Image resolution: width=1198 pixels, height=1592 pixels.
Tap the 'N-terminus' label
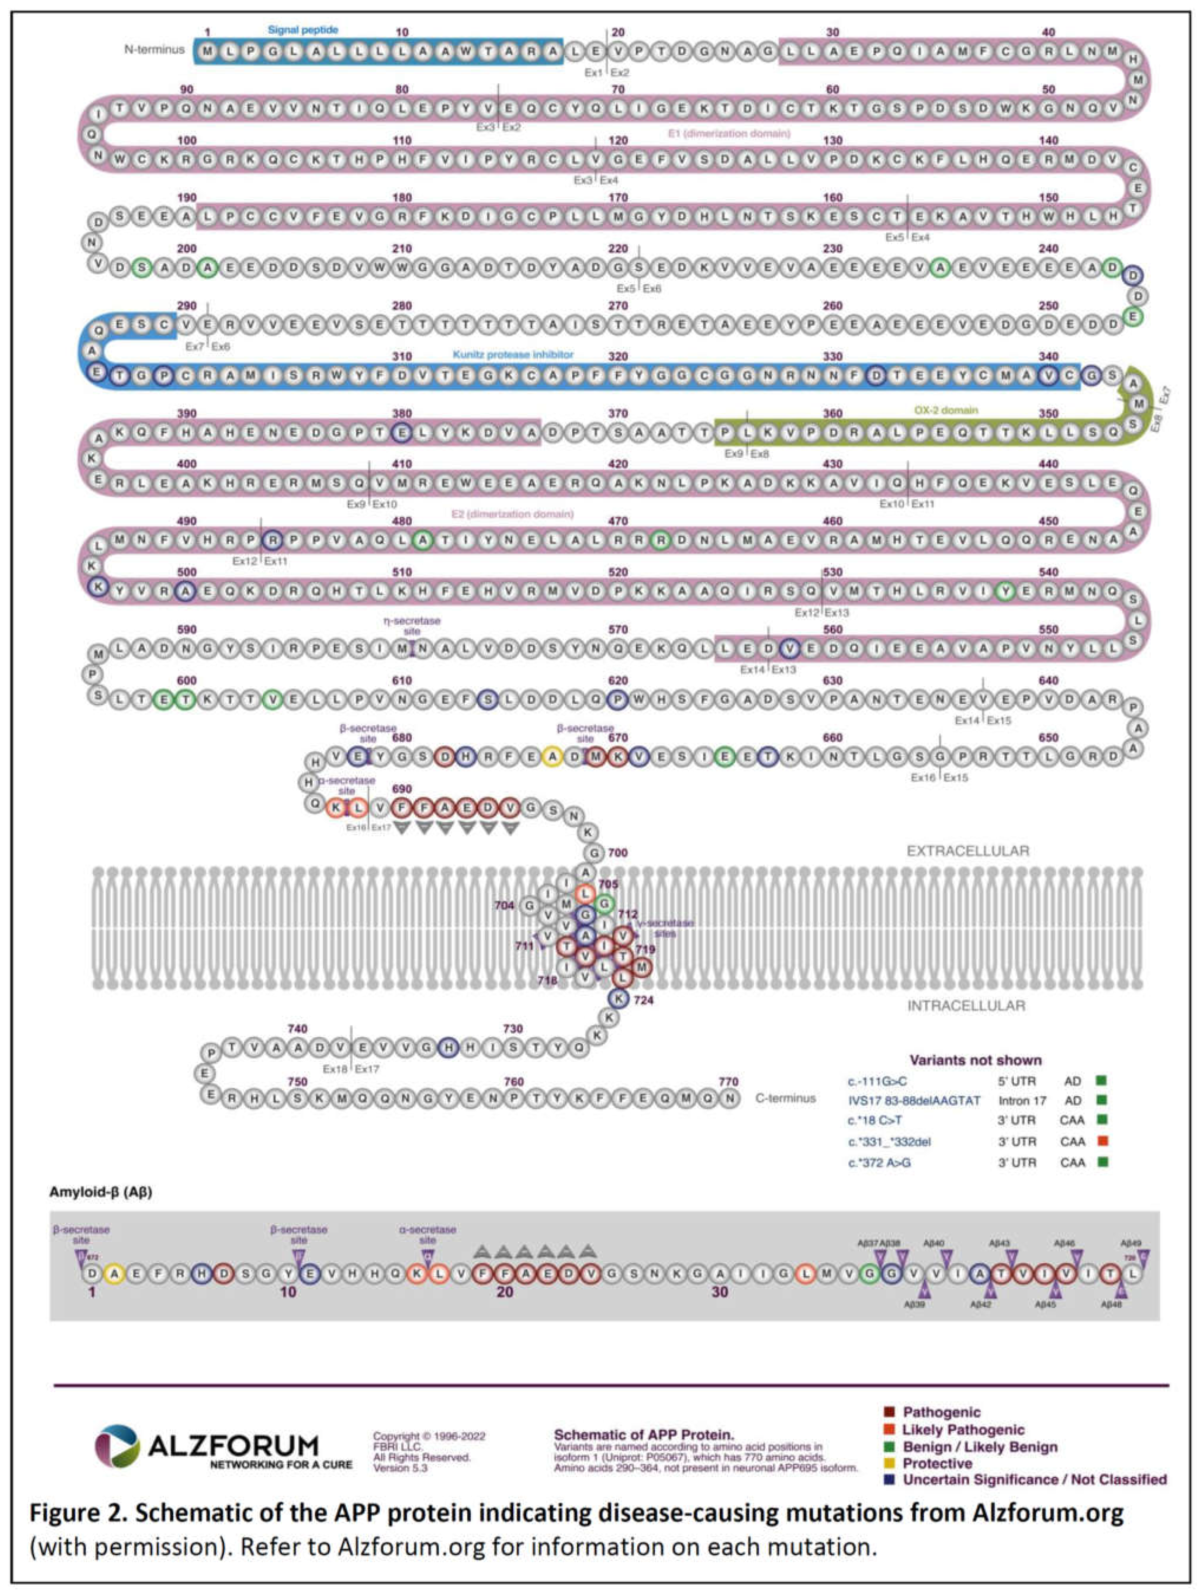(x=154, y=50)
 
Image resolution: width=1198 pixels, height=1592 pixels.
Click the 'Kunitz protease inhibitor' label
(x=513, y=355)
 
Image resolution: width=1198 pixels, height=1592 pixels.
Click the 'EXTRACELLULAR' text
(x=967, y=852)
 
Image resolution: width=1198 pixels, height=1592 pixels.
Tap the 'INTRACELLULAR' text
(x=966, y=1005)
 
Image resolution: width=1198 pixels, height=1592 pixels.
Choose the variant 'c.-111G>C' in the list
(x=876, y=1081)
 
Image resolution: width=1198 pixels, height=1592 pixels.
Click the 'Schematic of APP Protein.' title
(x=644, y=1435)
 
